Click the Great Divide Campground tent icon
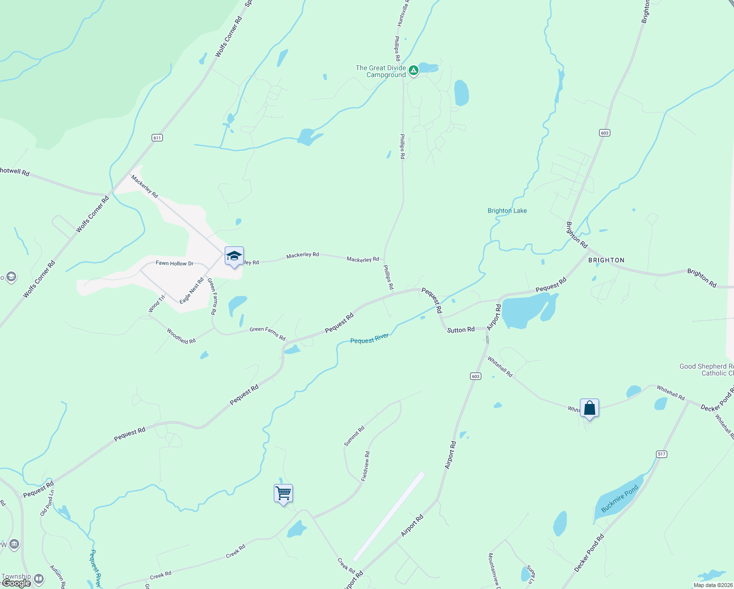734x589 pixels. point(414,71)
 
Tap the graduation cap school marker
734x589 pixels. point(234,256)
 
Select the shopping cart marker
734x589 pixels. point(283,493)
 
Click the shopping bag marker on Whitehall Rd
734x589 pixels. point(589,408)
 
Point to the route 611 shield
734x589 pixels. point(157,138)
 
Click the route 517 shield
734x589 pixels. point(661,454)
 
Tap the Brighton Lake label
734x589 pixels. point(507,211)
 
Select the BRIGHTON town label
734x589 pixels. point(606,260)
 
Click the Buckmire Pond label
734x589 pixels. point(620,499)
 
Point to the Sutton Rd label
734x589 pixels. point(461,330)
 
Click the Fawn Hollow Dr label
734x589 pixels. point(175,264)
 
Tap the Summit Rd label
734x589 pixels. point(354,436)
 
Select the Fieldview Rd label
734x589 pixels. point(366,466)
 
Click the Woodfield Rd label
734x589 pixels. point(181,336)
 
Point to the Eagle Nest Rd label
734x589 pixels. point(191,291)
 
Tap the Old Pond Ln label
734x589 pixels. point(47,503)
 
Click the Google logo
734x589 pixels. point(16,583)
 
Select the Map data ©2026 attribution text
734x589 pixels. point(711,585)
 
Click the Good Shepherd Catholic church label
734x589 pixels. point(707,370)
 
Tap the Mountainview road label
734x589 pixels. point(494,569)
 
